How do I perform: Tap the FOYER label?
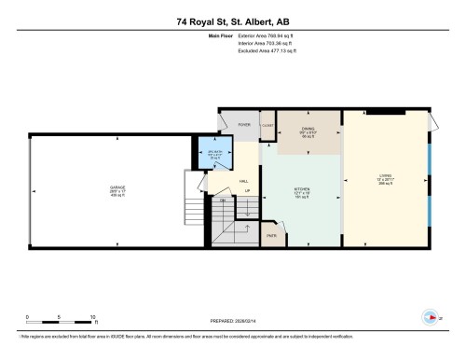pyautogui.click(x=244, y=124)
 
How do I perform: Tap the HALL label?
pyautogui.click(x=243, y=181)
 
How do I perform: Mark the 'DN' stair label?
pyautogui.click(x=222, y=201)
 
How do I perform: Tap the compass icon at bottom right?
pyautogui.click(x=430, y=314)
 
